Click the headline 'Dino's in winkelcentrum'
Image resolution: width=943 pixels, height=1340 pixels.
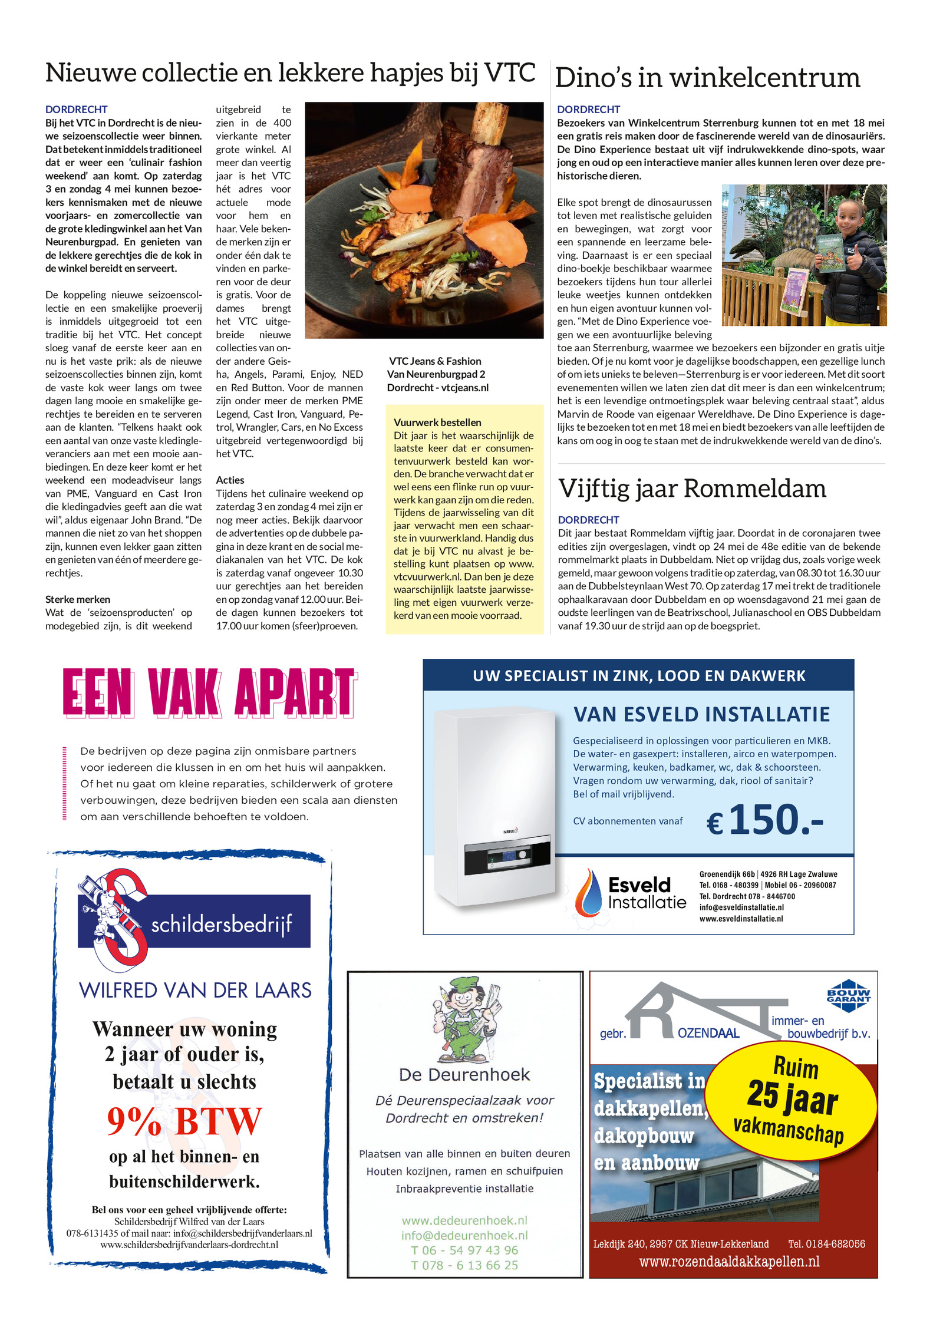707,78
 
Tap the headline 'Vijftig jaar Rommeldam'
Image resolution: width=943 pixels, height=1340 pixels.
692,489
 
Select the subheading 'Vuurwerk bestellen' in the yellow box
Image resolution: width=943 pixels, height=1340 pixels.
437,423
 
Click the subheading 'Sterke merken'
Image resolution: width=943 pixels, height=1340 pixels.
78,599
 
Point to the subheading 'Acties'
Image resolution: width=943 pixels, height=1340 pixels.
230,480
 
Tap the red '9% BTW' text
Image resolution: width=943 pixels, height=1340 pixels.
184,1121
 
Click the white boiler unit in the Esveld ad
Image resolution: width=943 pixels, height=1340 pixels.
495,807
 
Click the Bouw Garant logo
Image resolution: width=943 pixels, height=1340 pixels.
848,996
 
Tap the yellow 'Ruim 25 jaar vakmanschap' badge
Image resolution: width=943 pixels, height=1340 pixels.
791,1101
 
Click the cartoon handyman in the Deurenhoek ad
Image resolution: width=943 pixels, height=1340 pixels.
466,1018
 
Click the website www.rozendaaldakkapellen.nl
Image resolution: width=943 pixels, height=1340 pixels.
729,1261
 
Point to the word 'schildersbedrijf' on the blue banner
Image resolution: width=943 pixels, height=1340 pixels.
222,924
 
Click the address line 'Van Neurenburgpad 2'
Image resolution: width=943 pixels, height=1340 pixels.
436,374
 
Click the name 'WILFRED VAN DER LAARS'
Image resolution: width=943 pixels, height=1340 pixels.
195,990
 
